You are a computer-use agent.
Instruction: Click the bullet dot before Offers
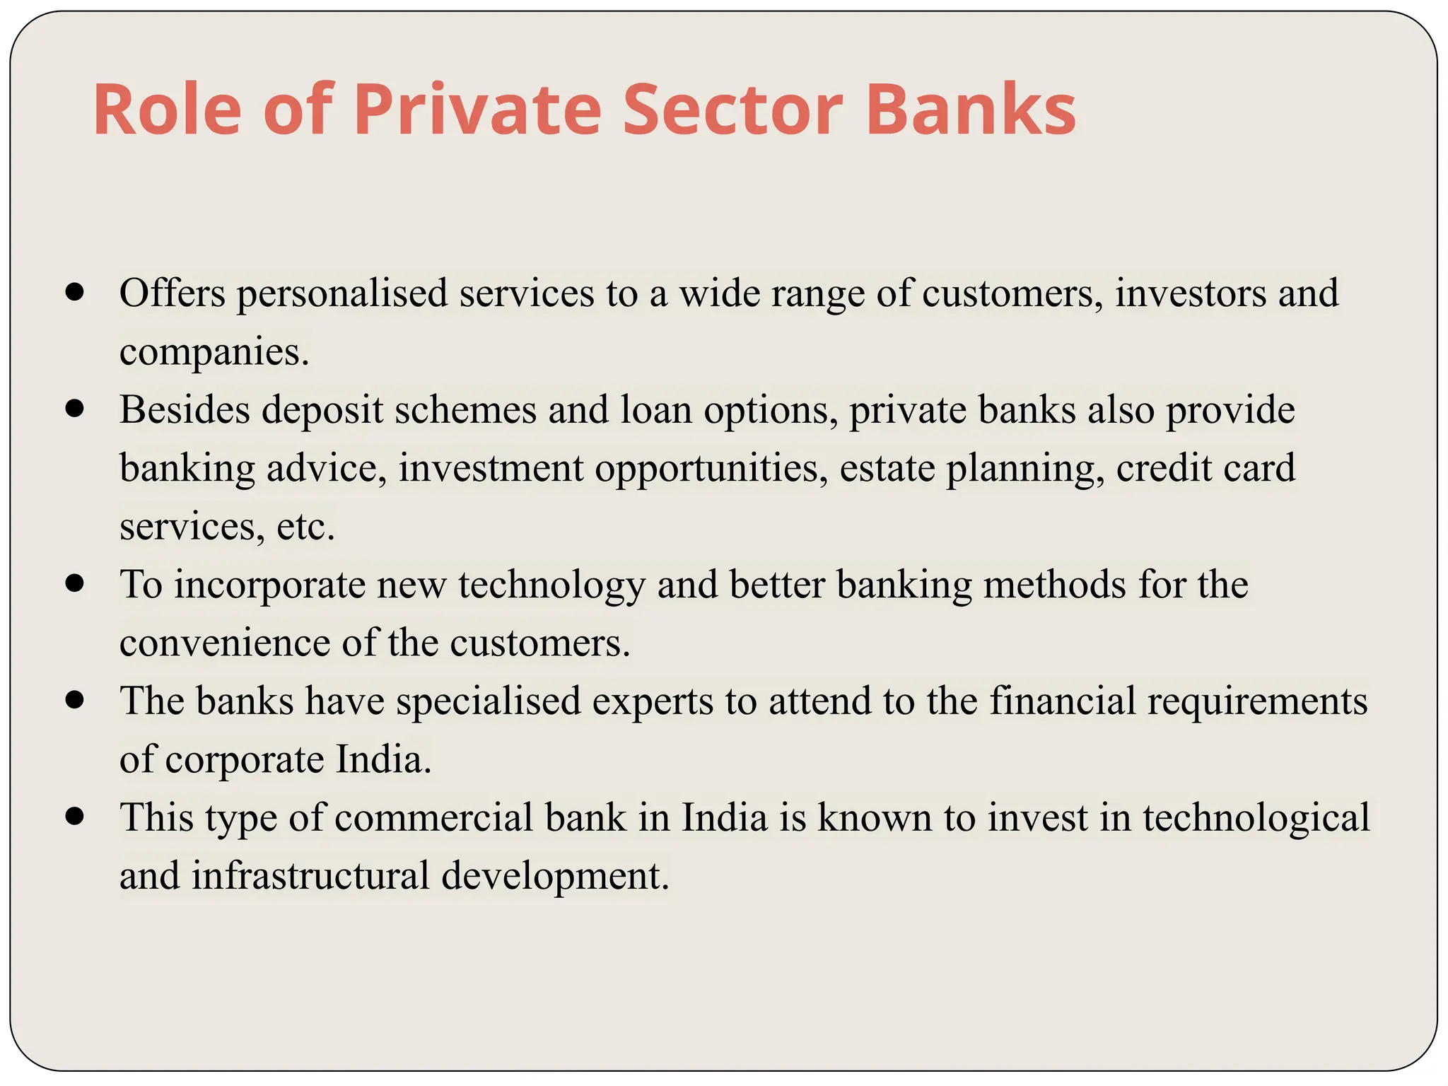click(x=74, y=292)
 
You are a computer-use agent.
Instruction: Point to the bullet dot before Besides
click(x=74, y=409)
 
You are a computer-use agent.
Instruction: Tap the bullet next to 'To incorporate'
click(x=74, y=583)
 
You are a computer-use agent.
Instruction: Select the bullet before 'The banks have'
click(x=74, y=700)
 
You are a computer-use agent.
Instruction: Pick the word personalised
click(x=342, y=293)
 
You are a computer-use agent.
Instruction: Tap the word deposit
click(x=322, y=410)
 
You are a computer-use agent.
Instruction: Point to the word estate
click(x=887, y=468)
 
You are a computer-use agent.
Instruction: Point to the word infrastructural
click(x=310, y=876)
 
